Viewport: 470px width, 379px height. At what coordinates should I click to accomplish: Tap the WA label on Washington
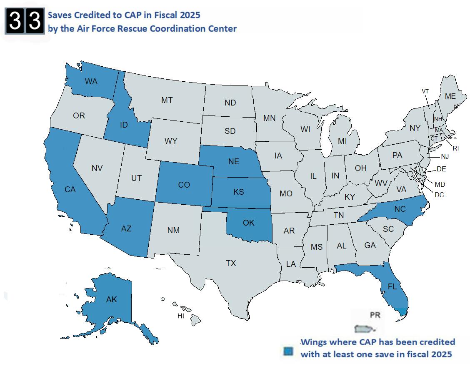pyautogui.click(x=91, y=81)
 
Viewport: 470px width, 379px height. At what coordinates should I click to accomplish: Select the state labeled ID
pyautogui.click(x=123, y=125)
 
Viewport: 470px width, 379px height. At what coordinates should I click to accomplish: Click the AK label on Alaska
pyautogui.click(x=111, y=299)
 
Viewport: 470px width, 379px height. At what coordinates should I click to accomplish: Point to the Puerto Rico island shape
pyautogui.click(x=363, y=329)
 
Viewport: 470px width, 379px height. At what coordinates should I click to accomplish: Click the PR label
pyautogui.click(x=375, y=315)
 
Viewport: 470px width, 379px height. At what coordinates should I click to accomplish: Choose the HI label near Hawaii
pyautogui.click(x=180, y=316)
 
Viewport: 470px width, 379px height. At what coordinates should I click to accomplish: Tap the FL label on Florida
pyautogui.click(x=392, y=287)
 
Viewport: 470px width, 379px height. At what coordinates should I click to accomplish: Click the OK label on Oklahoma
pyautogui.click(x=248, y=223)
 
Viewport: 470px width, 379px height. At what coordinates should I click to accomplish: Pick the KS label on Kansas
pyautogui.click(x=239, y=192)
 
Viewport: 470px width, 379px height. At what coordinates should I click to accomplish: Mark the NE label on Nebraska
pyautogui.click(x=234, y=161)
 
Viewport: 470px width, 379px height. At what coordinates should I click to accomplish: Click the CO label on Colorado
pyautogui.click(x=184, y=185)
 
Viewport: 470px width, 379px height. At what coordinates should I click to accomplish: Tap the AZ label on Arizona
pyautogui.click(x=126, y=228)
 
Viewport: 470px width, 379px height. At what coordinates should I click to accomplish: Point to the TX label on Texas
pyautogui.click(x=231, y=263)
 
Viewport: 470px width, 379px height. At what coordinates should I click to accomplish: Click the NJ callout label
pyautogui.click(x=445, y=157)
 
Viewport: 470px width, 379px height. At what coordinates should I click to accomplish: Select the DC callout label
pyautogui.click(x=439, y=195)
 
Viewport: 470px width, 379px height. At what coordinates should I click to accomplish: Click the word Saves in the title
pyautogui.click(x=59, y=15)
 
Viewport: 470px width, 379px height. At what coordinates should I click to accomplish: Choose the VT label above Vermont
pyautogui.click(x=425, y=91)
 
